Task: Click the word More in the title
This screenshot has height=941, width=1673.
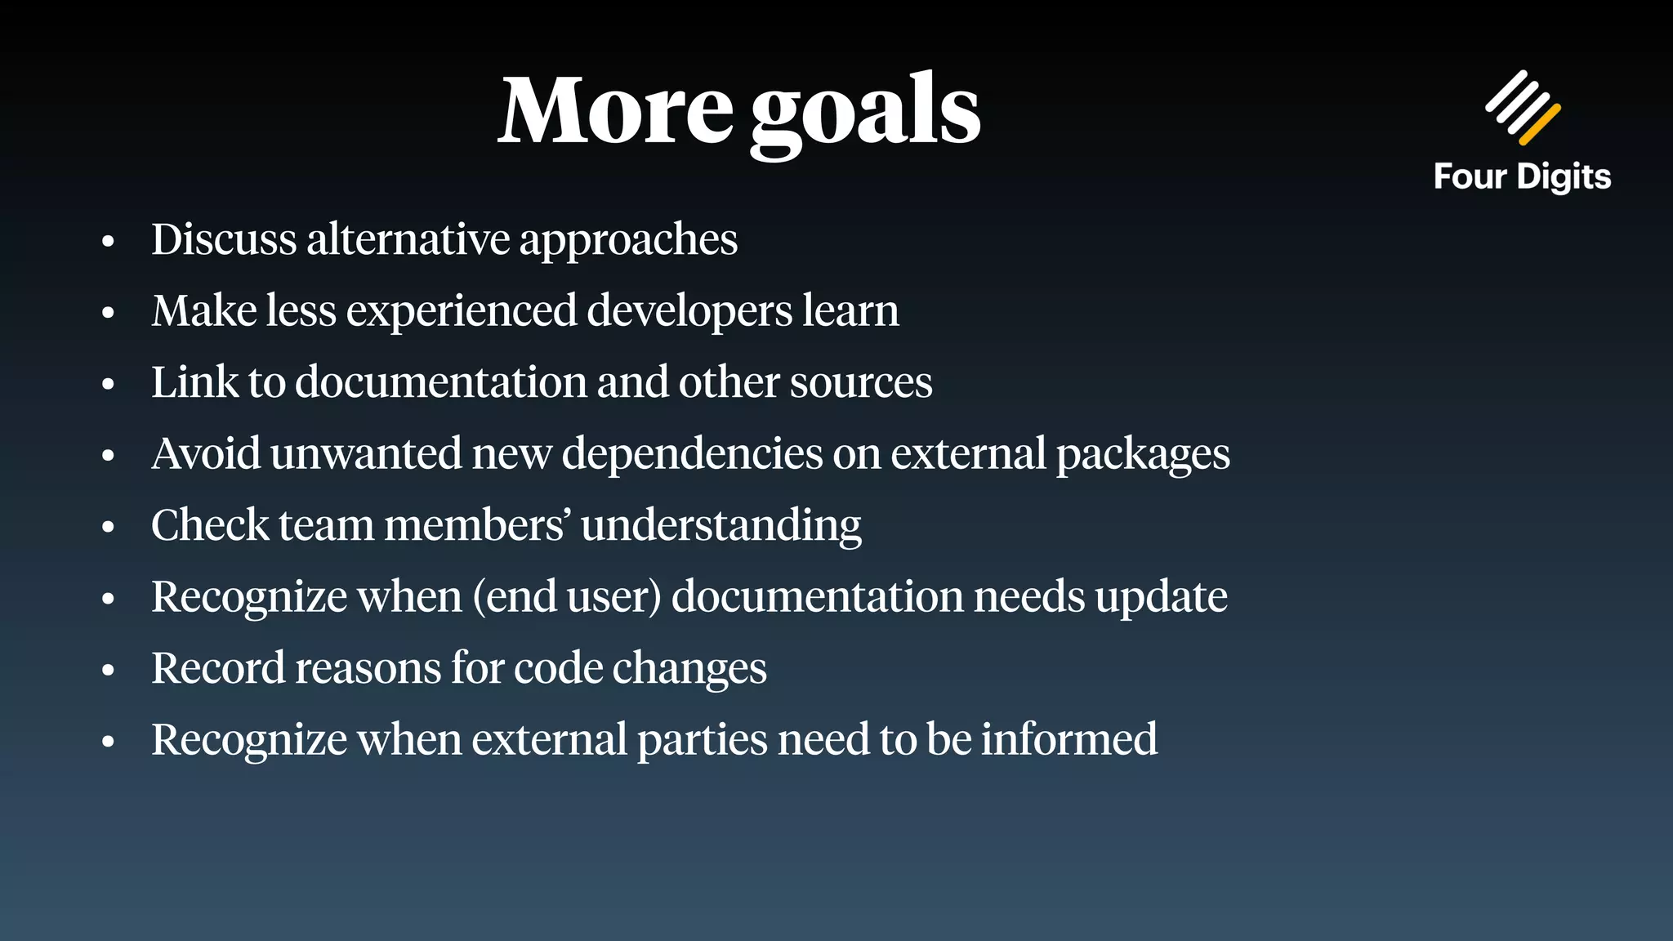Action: tap(616, 112)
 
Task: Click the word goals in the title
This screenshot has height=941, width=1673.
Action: tap(865, 114)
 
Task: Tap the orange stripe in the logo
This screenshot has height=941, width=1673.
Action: tap(1540, 124)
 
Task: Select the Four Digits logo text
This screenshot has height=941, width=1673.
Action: tap(1522, 177)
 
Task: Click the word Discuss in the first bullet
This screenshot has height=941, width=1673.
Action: tap(224, 239)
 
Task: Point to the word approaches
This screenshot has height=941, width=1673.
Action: tap(628, 241)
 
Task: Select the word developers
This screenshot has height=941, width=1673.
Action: tap(689, 312)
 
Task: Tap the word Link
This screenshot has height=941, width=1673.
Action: tap(194, 382)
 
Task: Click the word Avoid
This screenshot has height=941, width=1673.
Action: tap(206, 453)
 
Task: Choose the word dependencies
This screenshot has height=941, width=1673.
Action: tap(692, 455)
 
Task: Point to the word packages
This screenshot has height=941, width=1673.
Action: tap(1143, 455)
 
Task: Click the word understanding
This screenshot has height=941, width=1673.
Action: tap(721, 526)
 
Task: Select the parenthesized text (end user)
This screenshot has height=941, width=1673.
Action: tap(567, 597)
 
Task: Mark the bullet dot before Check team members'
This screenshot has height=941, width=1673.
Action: tap(108, 528)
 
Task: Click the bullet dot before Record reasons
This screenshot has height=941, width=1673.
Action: tap(108, 671)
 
